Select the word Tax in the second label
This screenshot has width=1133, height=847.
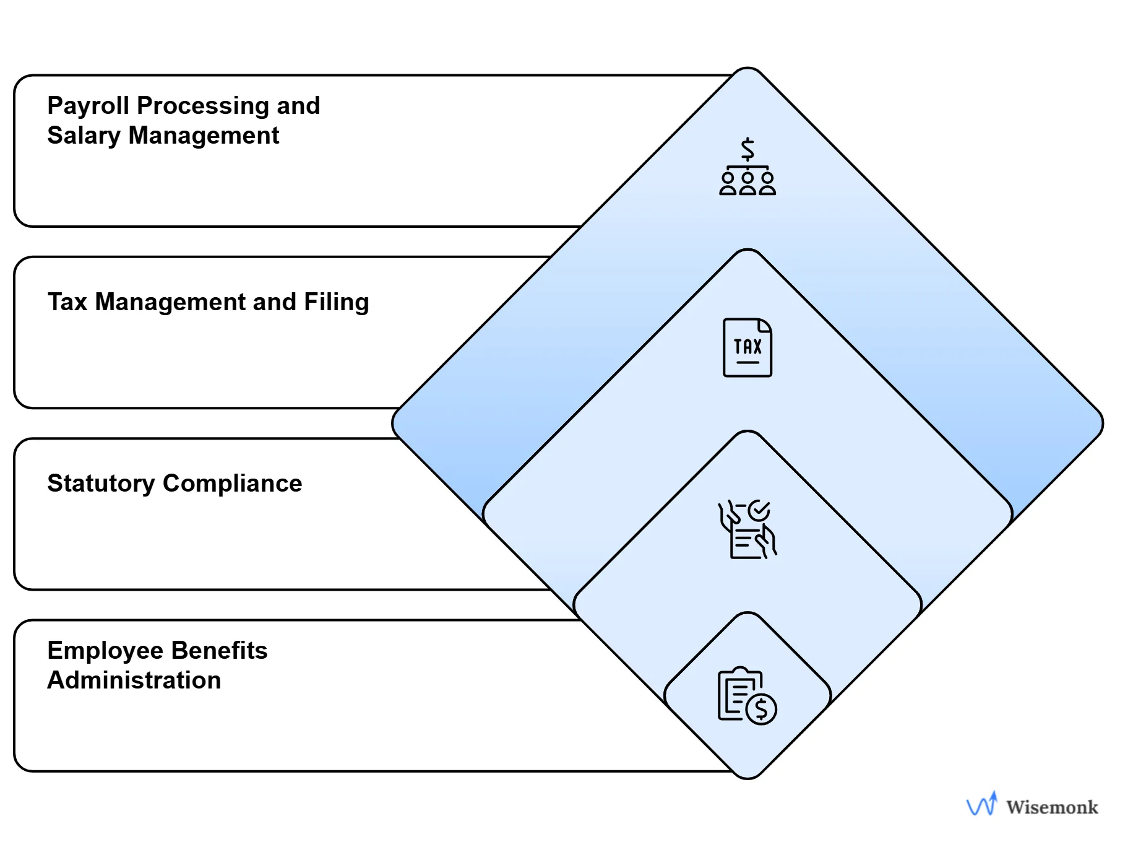click(67, 302)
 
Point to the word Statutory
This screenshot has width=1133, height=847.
click(101, 484)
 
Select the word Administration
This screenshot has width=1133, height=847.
click(134, 680)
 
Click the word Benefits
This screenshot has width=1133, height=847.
click(219, 651)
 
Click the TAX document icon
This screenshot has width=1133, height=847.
click(747, 347)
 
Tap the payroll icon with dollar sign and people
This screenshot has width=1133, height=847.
click(747, 167)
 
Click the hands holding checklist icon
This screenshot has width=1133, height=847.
click(747, 529)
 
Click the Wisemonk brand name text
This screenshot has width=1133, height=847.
click(1051, 807)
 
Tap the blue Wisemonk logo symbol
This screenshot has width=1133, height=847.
click(982, 804)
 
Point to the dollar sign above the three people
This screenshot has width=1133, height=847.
click(747, 149)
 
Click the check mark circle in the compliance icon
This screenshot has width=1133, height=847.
click(759, 511)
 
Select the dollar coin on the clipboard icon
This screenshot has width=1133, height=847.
click(762, 710)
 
